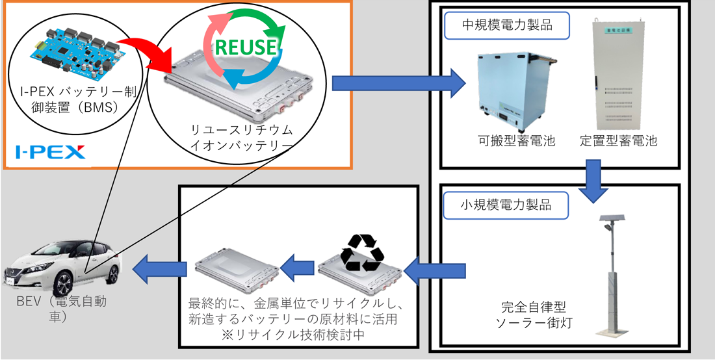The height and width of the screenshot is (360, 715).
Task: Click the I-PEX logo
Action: click(x=51, y=153)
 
